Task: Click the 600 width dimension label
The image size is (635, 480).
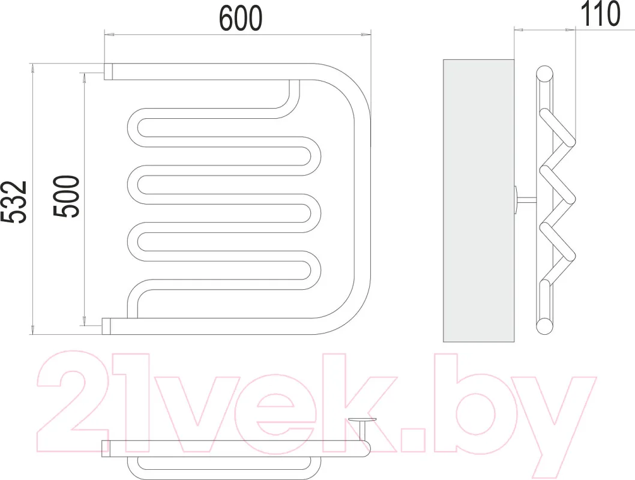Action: coord(241,19)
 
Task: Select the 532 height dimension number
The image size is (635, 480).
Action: coord(14,202)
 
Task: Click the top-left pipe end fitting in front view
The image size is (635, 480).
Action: coord(109,71)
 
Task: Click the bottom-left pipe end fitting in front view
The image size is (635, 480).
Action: coord(106,326)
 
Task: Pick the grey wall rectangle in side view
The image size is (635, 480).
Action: coord(479,201)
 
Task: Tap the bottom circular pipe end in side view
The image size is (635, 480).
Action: coord(544,326)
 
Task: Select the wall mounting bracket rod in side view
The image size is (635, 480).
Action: coord(526,199)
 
